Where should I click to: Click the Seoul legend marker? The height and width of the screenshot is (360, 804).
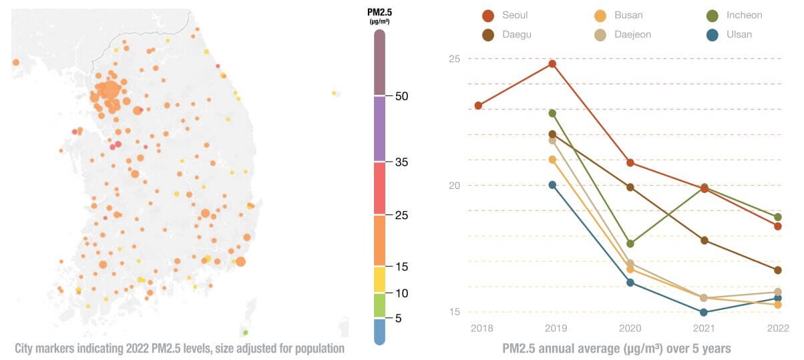click(x=488, y=15)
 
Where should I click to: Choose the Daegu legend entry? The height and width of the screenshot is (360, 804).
click(x=488, y=35)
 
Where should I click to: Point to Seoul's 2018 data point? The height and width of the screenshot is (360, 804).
click(x=478, y=106)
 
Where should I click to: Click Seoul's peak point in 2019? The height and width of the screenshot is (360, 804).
click(x=552, y=63)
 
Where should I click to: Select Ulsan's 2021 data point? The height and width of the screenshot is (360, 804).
click(x=704, y=312)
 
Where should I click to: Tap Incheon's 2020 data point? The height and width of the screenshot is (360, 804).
click(x=630, y=243)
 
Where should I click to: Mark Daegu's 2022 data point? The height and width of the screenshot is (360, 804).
click(x=778, y=270)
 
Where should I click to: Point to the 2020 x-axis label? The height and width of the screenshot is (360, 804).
click(x=630, y=328)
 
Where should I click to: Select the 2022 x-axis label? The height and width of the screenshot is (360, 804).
click(x=778, y=328)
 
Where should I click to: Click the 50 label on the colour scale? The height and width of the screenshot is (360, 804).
click(x=402, y=96)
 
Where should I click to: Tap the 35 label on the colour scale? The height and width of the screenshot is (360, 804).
click(x=402, y=162)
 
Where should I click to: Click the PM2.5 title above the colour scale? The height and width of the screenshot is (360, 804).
click(x=379, y=13)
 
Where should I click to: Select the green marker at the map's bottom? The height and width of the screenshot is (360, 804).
click(x=245, y=332)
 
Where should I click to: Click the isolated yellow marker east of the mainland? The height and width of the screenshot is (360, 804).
click(x=334, y=94)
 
